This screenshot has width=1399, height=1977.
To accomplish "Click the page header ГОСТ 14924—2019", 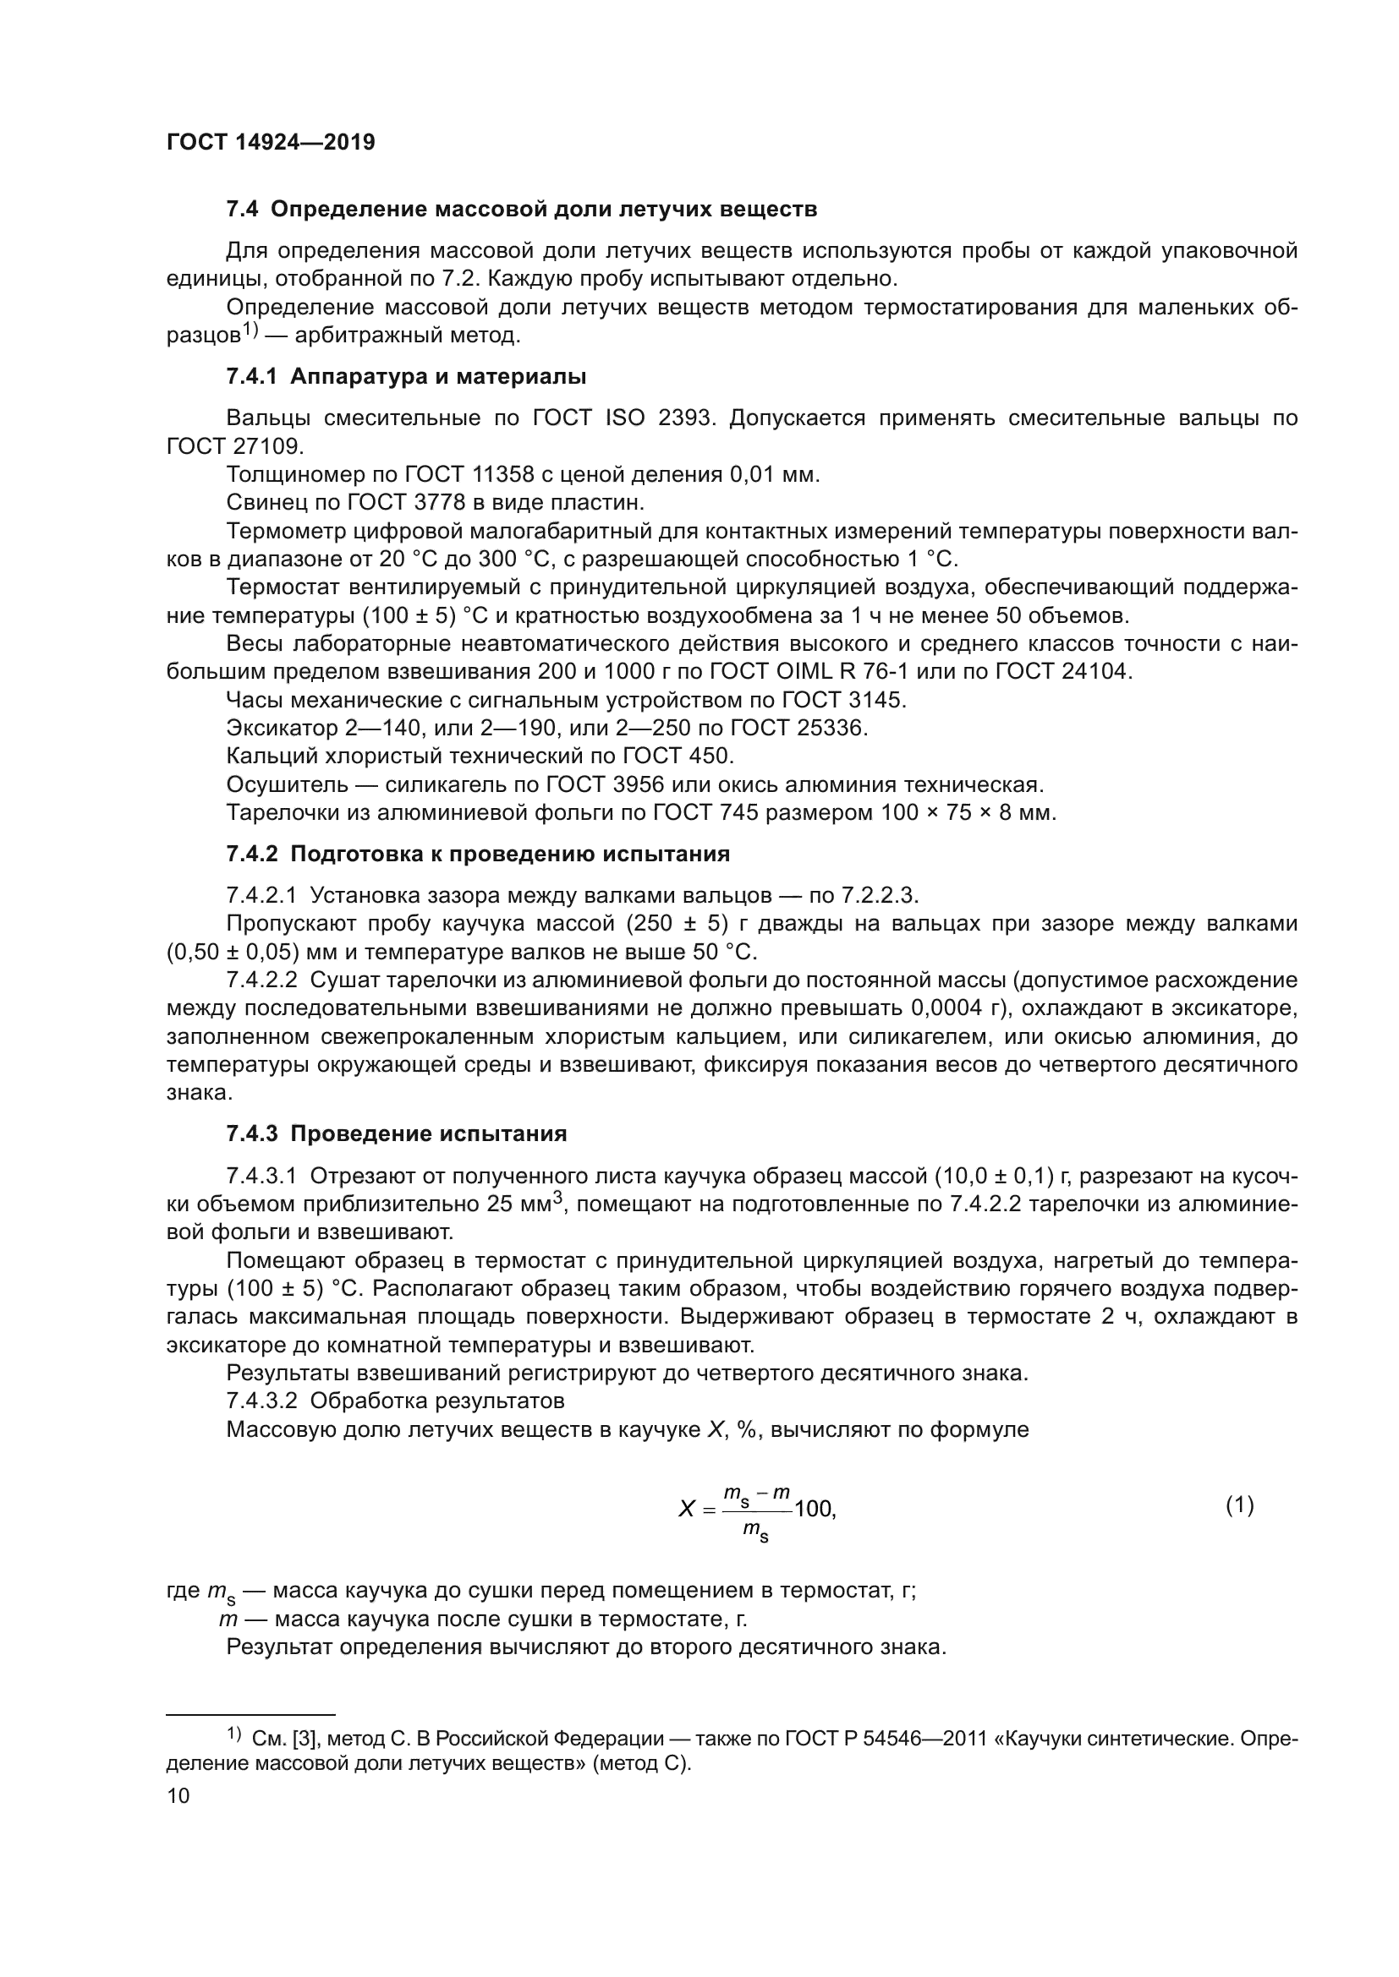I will point(271,142).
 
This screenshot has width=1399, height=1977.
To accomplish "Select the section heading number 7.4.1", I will point(254,376).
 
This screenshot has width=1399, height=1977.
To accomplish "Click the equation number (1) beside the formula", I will point(1239,1505).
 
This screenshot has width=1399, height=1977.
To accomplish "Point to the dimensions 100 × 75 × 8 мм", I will point(967,812).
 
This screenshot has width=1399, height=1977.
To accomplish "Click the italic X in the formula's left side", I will point(687,1509).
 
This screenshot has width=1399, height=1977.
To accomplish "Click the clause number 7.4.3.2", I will point(261,1401).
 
